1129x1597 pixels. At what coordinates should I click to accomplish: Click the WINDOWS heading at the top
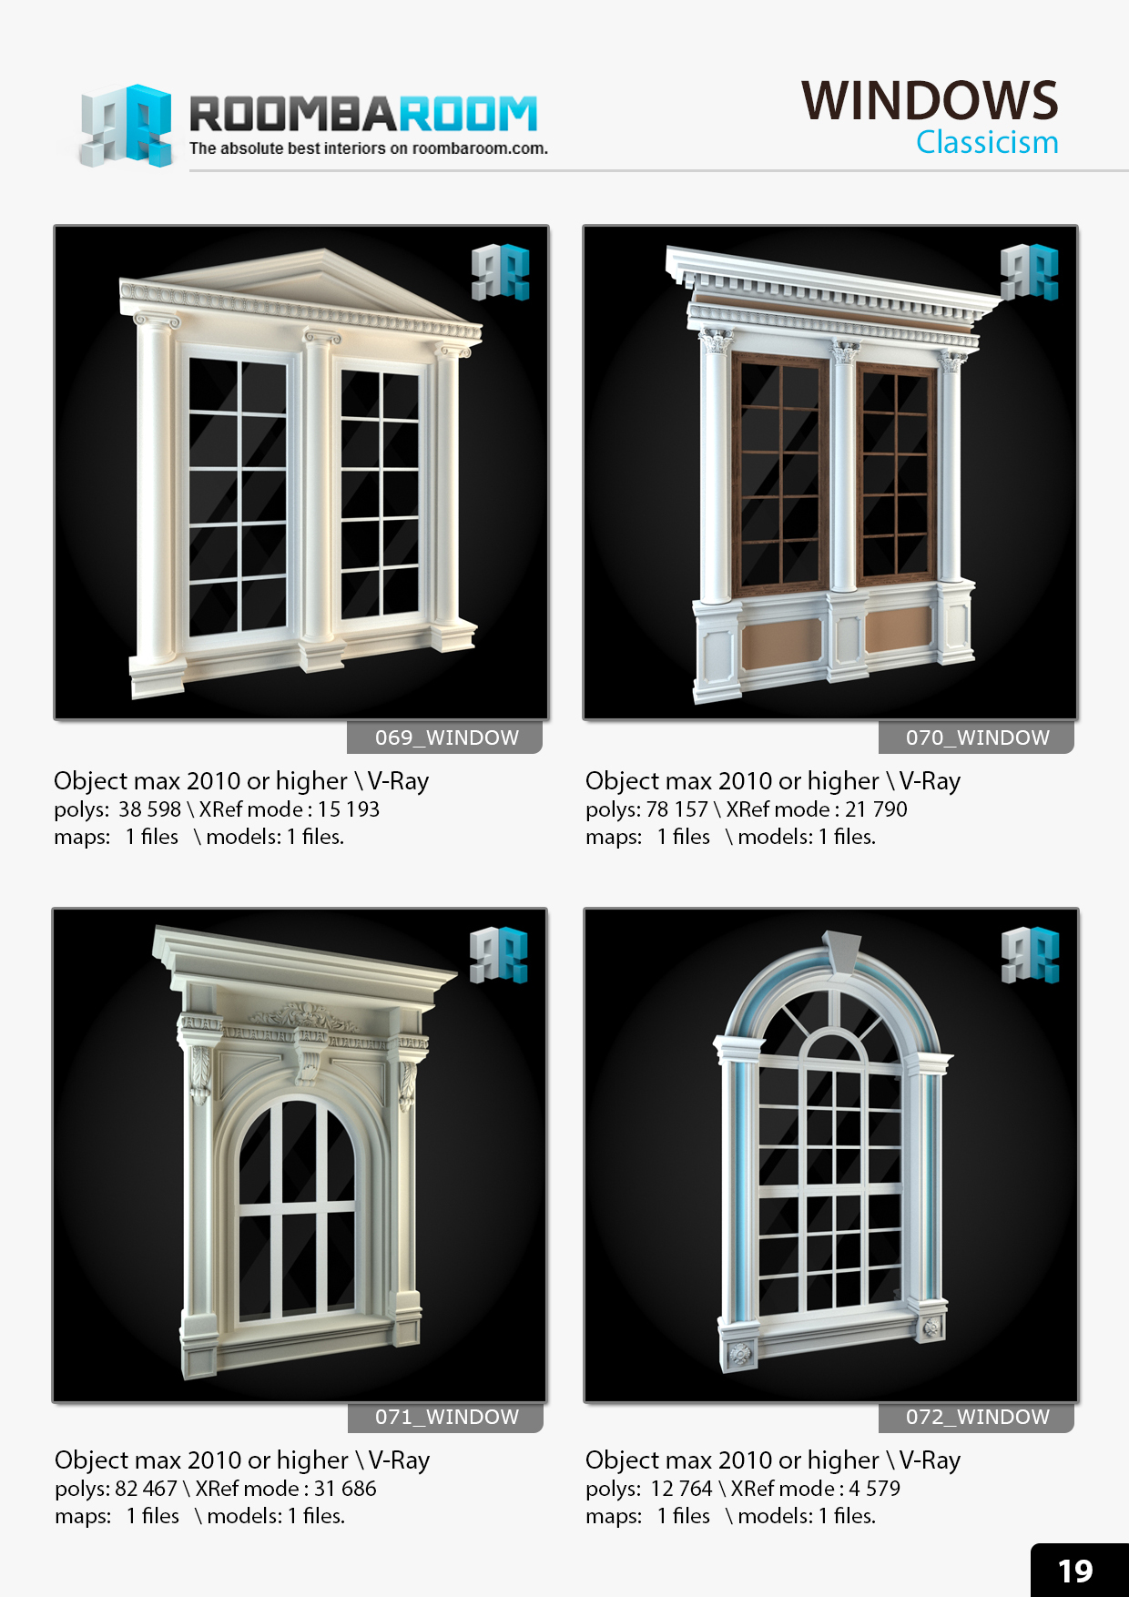pyautogui.click(x=929, y=100)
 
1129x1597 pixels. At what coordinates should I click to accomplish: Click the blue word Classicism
pyautogui.click(x=987, y=143)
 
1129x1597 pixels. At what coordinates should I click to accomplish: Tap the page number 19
pyautogui.click(x=1075, y=1571)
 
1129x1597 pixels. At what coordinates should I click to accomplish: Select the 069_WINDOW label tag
pyautogui.click(x=446, y=737)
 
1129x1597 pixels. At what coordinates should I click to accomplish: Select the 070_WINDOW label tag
pyautogui.click(x=977, y=737)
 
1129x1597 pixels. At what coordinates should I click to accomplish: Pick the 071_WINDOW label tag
pyautogui.click(x=446, y=1417)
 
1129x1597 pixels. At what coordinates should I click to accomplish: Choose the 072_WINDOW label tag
pyautogui.click(x=977, y=1417)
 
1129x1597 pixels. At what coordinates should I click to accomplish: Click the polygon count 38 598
pyautogui.click(x=149, y=809)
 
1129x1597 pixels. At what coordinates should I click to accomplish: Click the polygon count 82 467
pyautogui.click(x=146, y=1489)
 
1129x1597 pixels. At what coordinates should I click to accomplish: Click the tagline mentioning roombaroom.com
pyautogui.click(x=368, y=148)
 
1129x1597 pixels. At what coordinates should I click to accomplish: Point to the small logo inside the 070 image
pyautogui.click(x=1029, y=271)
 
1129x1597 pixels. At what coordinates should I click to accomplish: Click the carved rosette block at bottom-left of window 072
pyautogui.click(x=739, y=1354)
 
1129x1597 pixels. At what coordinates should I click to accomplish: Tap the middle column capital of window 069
pyautogui.click(x=321, y=338)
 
